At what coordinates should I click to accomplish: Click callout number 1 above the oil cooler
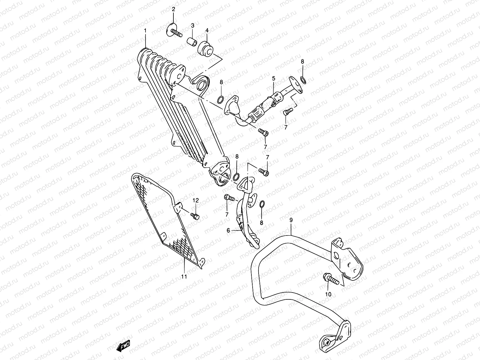tap(145, 31)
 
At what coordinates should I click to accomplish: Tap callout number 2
tap(173, 9)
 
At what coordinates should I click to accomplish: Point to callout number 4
tap(207, 30)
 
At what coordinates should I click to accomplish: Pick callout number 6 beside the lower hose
tap(228, 230)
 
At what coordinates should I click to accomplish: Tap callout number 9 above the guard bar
tap(291, 220)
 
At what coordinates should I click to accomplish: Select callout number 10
tap(328, 294)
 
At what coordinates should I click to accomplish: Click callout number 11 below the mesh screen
tap(184, 277)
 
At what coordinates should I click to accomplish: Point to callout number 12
tap(196, 200)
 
